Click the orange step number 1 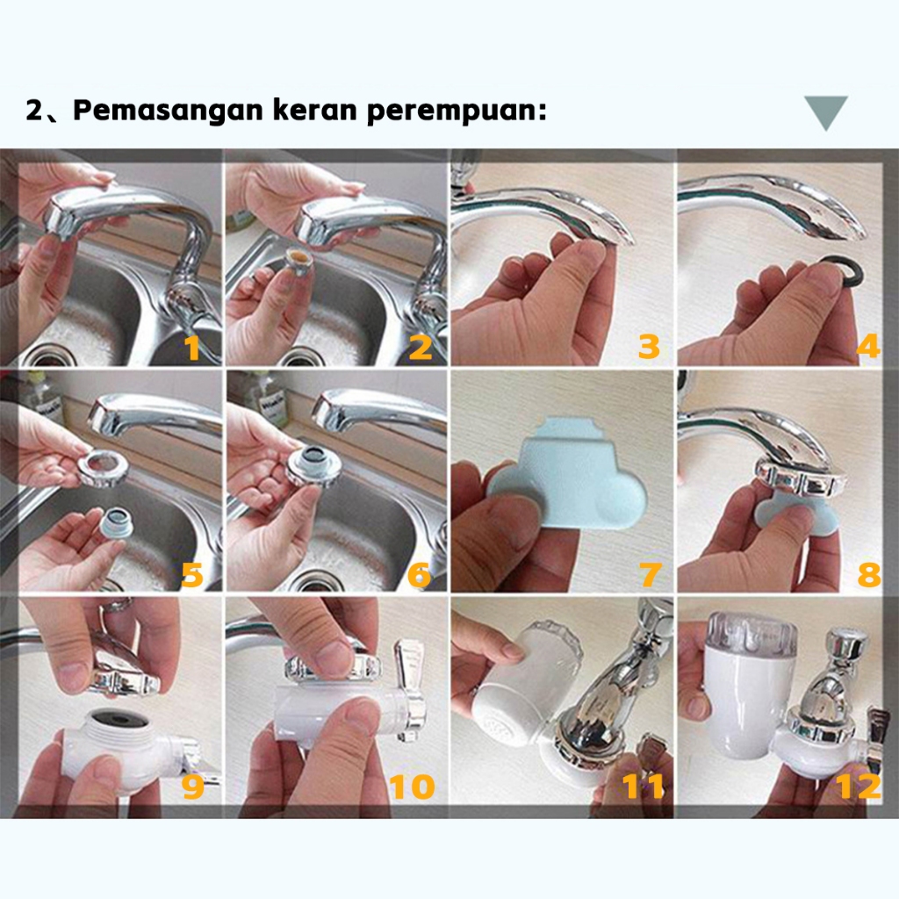[x=191, y=348]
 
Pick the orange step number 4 [x=868, y=346]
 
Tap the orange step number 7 [x=650, y=574]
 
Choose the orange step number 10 [x=413, y=788]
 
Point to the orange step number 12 [x=859, y=786]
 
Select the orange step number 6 [x=419, y=575]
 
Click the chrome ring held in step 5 [x=104, y=467]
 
